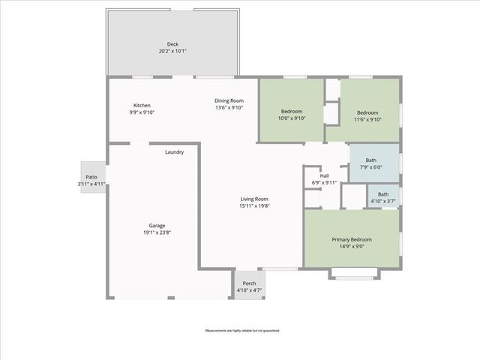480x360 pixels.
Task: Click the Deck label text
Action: pyautogui.click(x=172, y=44)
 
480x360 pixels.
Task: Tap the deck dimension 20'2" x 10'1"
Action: pyautogui.click(x=172, y=51)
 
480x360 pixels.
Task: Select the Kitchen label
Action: pyautogui.click(x=142, y=105)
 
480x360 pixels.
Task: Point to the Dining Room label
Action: pyautogui.click(x=229, y=100)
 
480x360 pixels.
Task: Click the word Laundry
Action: pyautogui.click(x=175, y=152)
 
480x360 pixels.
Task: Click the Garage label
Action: pyautogui.click(x=157, y=226)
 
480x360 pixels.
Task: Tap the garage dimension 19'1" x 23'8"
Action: pyautogui.click(x=157, y=232)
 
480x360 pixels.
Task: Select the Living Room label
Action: pyautogui.click(x=253, y=199)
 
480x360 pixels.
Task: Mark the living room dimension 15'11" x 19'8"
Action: pyautogui.click(x=253, y=205)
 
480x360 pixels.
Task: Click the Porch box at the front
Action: pyautogui.click(x=249, y=286)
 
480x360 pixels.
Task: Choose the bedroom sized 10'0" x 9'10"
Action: pyautogui.click(x=291, y=114)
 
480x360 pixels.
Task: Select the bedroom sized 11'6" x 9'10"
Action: pyautogui.click(x=368, y=114)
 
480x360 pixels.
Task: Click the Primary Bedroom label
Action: pyautogui.click(x=352, y=239)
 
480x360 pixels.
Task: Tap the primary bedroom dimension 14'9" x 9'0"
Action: pyautogui.click(x=352, y=246)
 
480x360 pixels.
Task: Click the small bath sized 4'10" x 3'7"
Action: pyautogui.click(x=382, y=197)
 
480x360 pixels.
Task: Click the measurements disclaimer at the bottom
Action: pyautogui.click(x=240, y=330)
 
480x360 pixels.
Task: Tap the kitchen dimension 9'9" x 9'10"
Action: pyautogui.click(x=142, y=112)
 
